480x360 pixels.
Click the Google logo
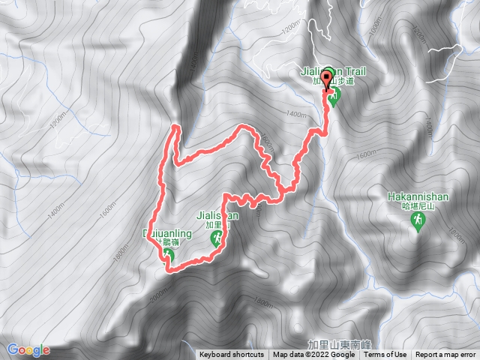tap(28, 349)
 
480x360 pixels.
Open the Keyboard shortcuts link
tap(231, 355)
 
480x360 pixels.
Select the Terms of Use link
tap(385, 355)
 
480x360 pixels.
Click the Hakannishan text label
tap(418, 196)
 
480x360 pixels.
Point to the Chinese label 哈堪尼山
tap(418, 206)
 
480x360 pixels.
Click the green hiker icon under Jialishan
tap(216, 239)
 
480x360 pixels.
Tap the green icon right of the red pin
tap(334, 95)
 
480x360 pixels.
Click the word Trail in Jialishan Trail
tap(355, 72)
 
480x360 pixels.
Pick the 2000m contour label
tap(155, 301)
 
